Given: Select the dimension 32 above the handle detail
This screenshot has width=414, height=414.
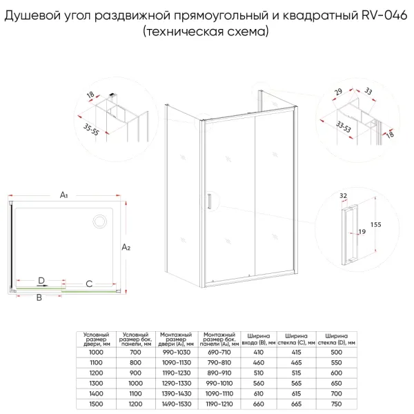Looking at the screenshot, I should point(343,196).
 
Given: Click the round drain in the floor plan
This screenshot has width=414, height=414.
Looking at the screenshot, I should point(99,222).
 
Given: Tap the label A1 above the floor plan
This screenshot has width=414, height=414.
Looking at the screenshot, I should point(63,196).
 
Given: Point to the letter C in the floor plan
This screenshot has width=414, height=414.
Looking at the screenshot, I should point(89,284).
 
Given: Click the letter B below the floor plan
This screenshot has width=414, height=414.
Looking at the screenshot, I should point(39,298).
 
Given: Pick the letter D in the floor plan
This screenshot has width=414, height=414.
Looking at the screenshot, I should point(41,280).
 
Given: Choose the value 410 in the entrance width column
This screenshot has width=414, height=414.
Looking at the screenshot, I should point(257,351).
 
